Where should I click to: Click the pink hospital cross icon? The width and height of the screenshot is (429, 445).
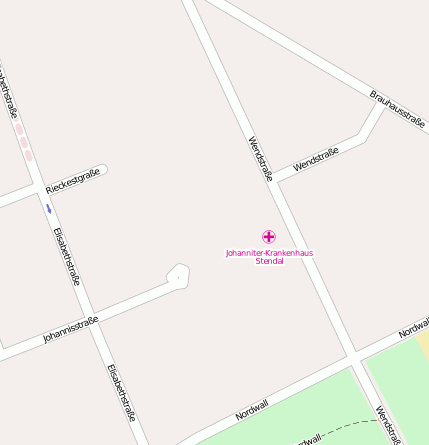268,237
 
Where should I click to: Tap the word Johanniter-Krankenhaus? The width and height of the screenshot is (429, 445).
269,253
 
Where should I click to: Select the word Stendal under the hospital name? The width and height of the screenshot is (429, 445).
269,261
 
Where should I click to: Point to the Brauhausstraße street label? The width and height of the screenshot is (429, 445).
398,109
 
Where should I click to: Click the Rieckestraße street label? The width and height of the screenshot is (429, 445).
73,181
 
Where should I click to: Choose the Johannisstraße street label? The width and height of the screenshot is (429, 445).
70,330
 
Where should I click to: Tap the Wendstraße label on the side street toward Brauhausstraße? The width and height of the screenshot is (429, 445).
316,157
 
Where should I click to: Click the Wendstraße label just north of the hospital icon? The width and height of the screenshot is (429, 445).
259,159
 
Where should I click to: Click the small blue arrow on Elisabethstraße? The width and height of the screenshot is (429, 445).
47,209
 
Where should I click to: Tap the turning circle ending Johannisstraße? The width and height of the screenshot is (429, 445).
178,275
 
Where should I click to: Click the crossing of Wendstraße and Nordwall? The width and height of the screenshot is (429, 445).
354,356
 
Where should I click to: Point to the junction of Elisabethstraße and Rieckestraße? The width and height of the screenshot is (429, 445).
40,189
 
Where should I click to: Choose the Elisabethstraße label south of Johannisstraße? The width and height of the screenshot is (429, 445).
122,391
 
